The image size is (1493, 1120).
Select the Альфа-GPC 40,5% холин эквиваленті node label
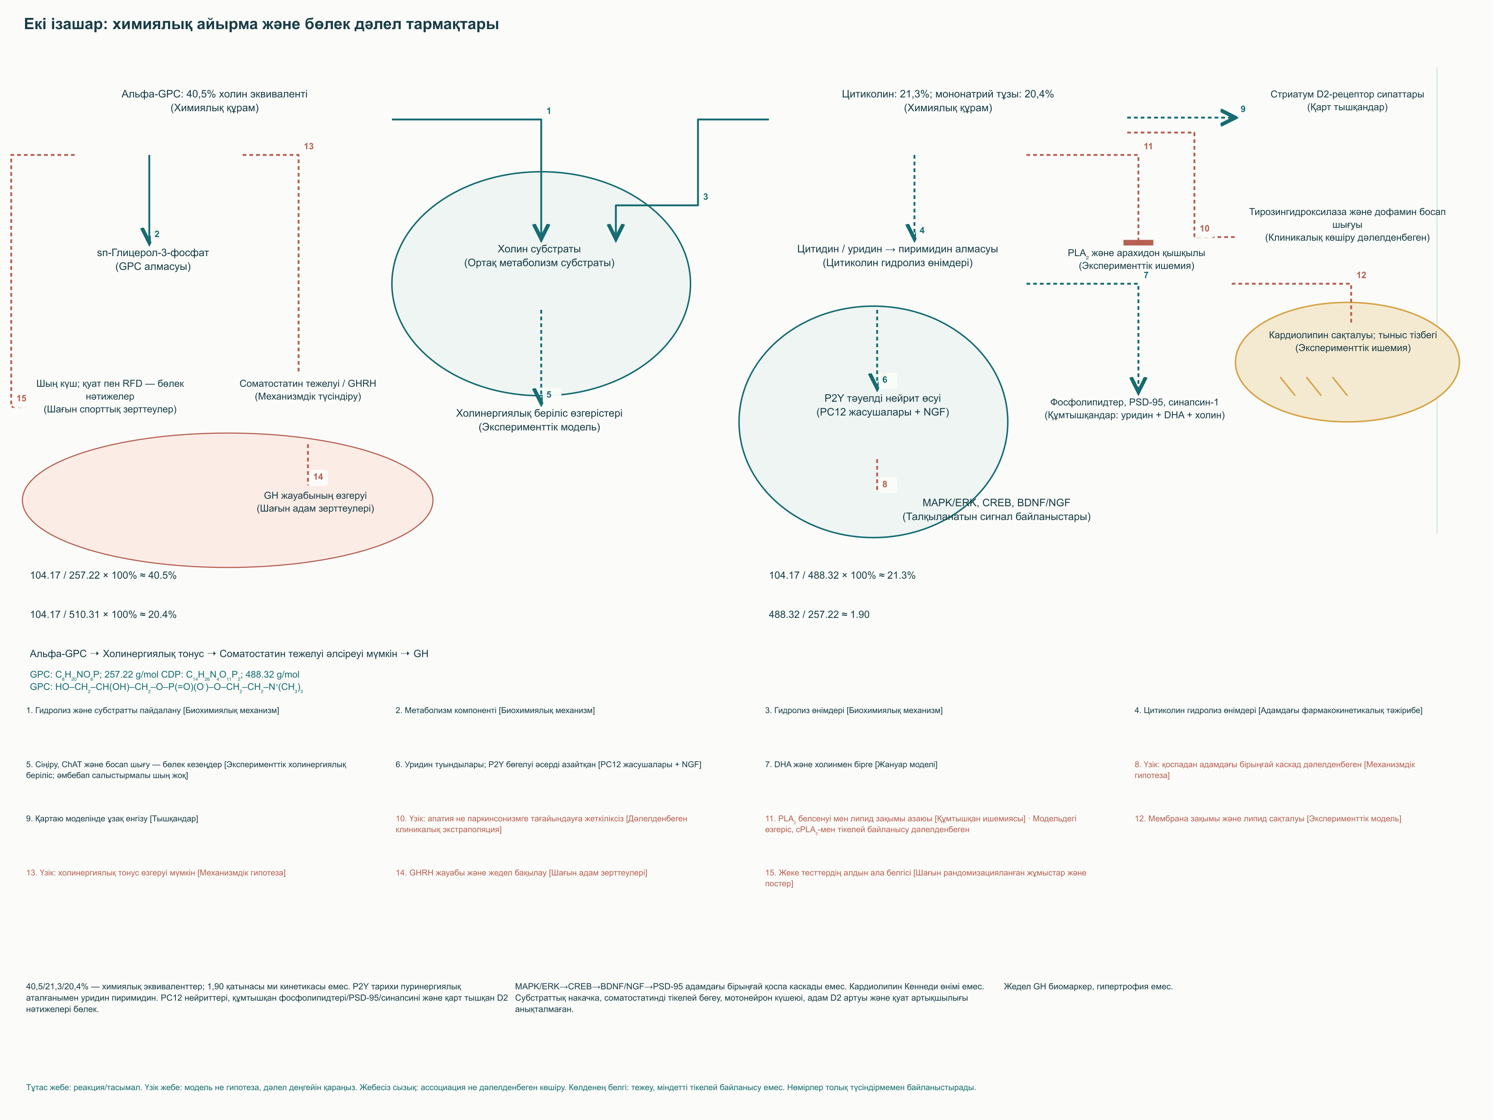215,100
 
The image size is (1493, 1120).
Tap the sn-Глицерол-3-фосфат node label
153,259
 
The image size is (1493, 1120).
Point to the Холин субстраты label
539,256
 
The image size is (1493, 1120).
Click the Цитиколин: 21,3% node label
948,100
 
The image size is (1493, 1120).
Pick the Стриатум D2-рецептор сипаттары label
1347,100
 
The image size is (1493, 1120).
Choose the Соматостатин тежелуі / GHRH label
308,389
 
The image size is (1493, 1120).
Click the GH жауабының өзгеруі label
315,502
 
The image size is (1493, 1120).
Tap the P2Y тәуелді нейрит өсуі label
882,405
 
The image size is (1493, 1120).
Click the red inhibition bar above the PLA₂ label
1138,242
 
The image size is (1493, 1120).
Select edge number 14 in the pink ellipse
318,477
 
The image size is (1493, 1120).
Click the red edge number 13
308,146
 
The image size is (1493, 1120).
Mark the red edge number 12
1361,275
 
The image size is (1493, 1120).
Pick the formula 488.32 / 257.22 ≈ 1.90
819,615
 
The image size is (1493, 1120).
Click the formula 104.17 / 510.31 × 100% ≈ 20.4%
103,615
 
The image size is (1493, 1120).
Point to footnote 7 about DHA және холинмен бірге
851,764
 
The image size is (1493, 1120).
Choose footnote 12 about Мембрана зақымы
1268,818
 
